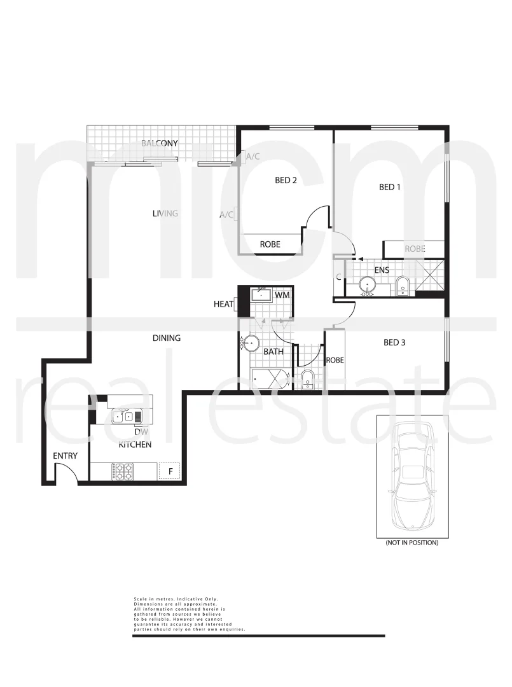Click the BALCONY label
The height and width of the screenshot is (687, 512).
159,143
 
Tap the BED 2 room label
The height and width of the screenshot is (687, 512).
286,180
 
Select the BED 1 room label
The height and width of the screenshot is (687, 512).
390,187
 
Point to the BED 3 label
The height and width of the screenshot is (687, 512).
394,343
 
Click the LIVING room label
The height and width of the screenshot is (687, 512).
164,213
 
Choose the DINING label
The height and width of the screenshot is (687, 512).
166,338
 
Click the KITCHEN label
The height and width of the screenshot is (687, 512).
135,445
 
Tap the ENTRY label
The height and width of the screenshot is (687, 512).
65,456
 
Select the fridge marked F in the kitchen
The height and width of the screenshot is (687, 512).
169,471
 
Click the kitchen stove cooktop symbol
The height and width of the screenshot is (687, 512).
123,471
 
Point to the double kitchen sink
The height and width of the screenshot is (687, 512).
127,417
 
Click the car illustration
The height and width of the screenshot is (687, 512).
412,476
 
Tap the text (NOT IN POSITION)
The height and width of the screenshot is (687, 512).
412,543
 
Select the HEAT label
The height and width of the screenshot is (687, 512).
223,305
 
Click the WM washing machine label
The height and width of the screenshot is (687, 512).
282,295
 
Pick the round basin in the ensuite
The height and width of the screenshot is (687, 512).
368,286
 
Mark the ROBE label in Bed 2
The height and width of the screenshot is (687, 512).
270,244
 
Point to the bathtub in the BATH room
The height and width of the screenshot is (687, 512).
271,379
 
